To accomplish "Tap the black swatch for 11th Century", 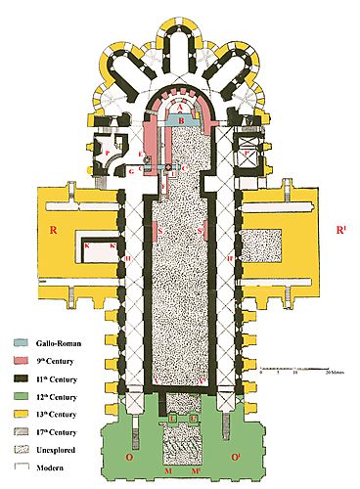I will [18, 378].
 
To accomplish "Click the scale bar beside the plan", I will [293, 366].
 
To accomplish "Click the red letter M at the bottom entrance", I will [168, 471].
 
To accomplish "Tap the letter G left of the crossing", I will [130, 171].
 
